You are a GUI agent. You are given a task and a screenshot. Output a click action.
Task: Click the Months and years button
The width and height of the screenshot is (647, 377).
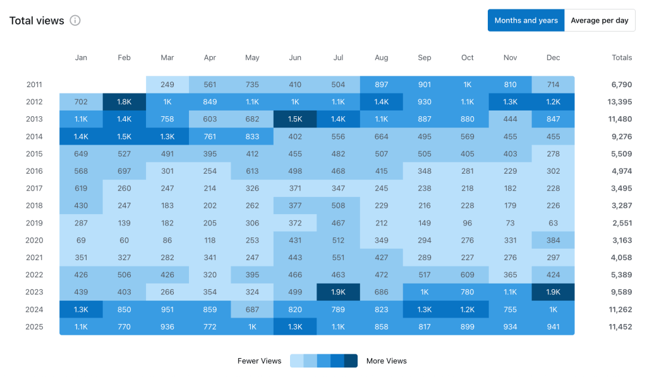[x=526, y=20]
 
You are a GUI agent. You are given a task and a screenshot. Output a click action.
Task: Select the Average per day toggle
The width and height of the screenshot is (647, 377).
[x=599, y=20]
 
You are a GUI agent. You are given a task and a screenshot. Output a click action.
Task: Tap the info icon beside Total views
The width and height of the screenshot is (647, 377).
[x=75, y=21]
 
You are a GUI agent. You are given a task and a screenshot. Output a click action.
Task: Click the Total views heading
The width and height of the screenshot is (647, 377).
[x=37, y=21]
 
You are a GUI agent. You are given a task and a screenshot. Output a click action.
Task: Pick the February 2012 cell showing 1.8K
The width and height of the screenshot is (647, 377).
[x=124, y=102]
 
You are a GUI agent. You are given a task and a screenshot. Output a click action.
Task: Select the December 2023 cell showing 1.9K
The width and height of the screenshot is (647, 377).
[x=553, y=292]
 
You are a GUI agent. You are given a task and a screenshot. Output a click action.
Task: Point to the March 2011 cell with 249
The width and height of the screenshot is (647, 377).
[x=167, y=85]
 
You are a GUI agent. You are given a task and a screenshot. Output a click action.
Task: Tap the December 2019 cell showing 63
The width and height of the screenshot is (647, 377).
[x=553, y=223]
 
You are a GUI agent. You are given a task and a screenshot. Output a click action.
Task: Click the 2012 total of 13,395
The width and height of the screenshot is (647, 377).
[x=618, y=102]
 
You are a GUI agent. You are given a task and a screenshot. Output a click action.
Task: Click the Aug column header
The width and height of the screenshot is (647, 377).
[x=381, y=57]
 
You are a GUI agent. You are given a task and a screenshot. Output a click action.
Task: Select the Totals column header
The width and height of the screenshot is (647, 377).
[x=621, y=57]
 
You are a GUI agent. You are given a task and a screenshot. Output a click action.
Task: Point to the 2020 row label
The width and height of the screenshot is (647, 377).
[x=34, y=240]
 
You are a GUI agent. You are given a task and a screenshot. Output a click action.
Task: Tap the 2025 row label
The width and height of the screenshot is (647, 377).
[x=34, y=326]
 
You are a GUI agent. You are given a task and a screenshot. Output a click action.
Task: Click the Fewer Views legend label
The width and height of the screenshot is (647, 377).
[x=259, y=361]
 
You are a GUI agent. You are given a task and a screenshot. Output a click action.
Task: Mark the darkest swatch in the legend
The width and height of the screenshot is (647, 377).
[x=351, y=361]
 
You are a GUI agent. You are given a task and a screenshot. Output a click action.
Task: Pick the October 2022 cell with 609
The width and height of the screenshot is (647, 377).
[x=467, y=275]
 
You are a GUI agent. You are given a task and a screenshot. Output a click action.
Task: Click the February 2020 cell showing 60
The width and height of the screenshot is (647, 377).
[x=124, y=240]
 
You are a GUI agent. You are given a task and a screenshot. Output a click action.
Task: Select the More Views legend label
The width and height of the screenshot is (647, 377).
[x=386, y=361]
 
